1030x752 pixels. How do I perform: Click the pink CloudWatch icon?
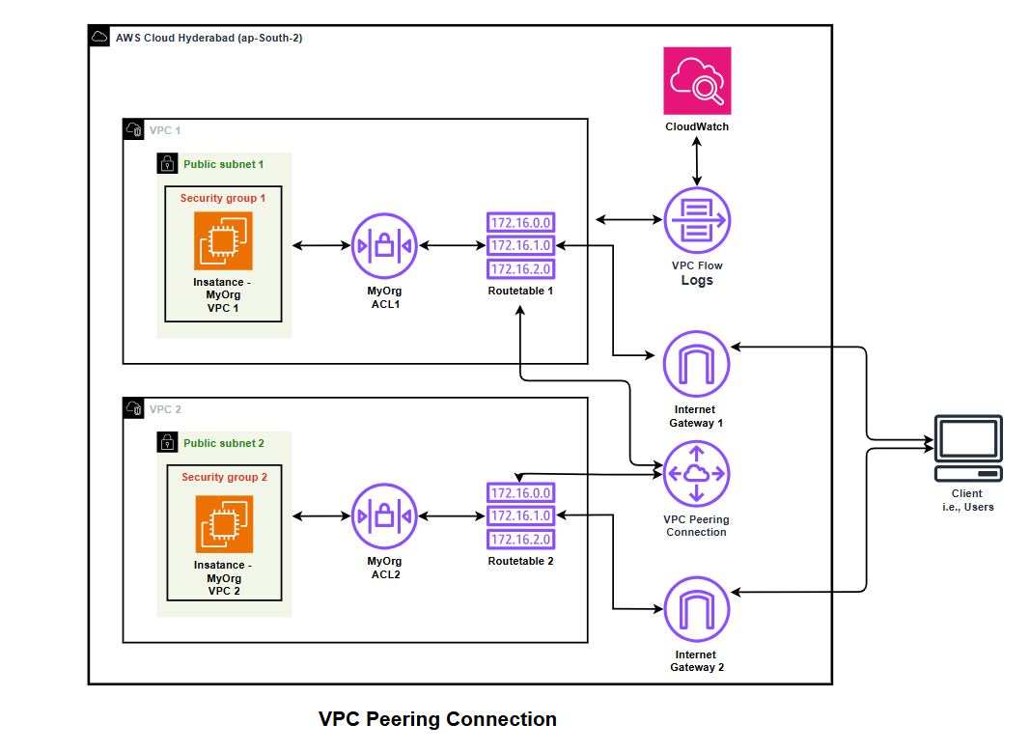click(x=697, y=81)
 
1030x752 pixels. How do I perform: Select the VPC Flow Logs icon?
click(x=696, y=220)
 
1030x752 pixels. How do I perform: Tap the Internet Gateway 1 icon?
click(x=696, y=365)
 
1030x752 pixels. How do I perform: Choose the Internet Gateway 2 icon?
click(x=696, y=610)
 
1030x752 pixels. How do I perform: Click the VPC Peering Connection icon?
click(x=696, y=473)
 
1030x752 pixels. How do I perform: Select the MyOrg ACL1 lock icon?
click(x=384, y=246)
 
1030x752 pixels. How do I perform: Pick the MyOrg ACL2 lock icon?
click(x=384, y=517)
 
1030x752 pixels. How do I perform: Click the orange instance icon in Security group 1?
click(x=223, y=240)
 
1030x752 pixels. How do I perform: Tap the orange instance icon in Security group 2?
click(x=224, y=524)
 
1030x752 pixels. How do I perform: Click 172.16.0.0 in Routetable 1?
click(x=520, y=223)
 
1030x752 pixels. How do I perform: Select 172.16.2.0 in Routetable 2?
click(x=520, y=540)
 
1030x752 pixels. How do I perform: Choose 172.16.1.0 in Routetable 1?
click(x=520, y=246)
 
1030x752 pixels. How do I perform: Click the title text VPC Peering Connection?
click(x=437, y=719)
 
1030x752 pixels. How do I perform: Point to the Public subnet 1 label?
click(x=223, y=164)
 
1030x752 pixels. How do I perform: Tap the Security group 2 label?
click(x=224, y=477)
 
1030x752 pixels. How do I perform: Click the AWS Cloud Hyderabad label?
click(x=209, y=38)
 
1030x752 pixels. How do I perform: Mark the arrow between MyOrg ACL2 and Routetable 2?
click(x=452, y=517)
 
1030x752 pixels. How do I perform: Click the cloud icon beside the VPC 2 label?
click(x=134, y=409)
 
